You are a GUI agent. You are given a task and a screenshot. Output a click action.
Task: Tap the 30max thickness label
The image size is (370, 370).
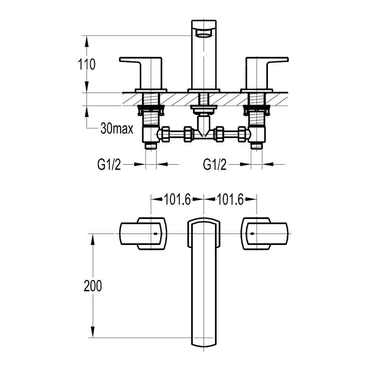117,129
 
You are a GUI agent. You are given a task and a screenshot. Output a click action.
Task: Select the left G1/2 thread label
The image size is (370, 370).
109,165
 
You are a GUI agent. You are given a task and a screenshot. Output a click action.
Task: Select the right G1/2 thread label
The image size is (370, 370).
215,165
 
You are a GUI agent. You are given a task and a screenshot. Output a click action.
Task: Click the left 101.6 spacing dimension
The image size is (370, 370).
177,200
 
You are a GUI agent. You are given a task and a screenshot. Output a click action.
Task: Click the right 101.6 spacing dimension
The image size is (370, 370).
230,200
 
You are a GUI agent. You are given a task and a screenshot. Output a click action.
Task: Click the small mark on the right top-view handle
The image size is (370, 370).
252,234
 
